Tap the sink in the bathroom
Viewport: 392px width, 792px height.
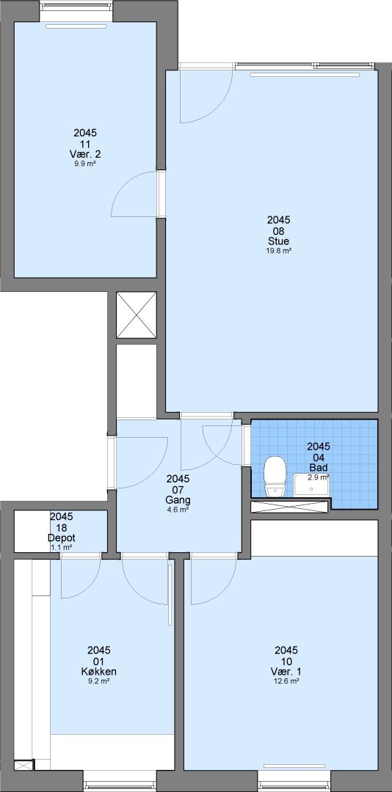(311, 485)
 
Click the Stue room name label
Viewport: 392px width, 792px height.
(279, 241)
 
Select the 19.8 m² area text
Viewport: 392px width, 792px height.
(279, 250)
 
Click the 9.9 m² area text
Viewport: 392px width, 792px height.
(85, 163)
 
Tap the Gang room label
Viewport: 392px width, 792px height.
(178, 501)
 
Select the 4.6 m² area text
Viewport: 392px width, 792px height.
(178, 510)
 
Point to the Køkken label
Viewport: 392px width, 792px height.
(99, 672)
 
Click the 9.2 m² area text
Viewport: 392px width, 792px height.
(99, 681)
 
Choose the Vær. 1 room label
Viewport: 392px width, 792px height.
(286, 672)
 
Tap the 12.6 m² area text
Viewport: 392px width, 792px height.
(286, 681)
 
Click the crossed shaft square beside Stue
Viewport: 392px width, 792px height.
(137, 315)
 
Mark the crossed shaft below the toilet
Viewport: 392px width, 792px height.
(291, 506)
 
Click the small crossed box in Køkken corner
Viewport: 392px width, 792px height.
(23, 765)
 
